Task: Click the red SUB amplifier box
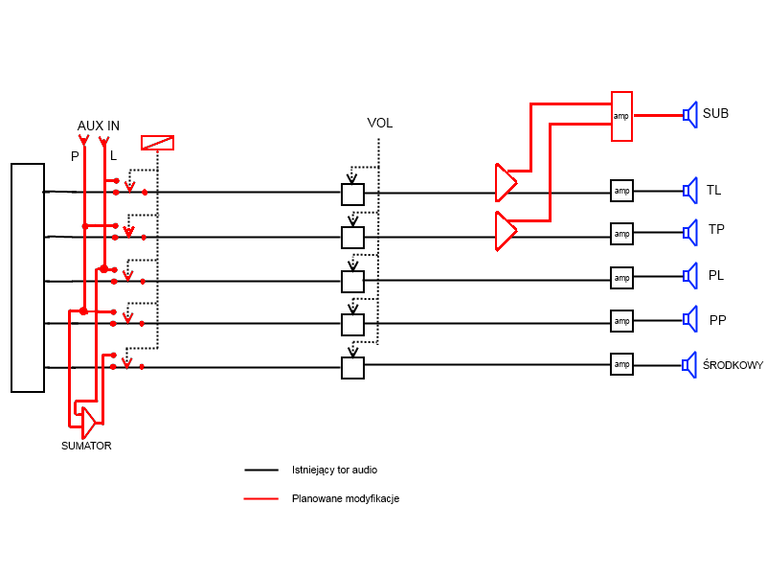coord(621,116)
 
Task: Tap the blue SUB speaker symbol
coord(688,114)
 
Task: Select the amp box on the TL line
coord(621,191)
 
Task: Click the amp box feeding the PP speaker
coord(621,321)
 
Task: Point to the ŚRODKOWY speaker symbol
coord(688,364)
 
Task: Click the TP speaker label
coord(716,230)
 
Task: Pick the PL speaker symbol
coord(688,276)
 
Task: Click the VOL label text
coord(380,124)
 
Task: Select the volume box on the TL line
coord(352,194)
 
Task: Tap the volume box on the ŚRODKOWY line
coord(352,367)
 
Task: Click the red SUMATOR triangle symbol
coord(87,422)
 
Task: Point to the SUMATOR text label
coord(86,446)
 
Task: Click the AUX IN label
coord(99,126)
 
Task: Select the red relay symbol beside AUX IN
coord(157,143)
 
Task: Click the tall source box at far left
coord(28,278)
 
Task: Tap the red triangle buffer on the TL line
coord(505,182)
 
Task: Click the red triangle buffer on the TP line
coord(505,231)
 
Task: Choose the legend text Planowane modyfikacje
coord(346,499)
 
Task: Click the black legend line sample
coord(260,471)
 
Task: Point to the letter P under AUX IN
coord(75,156)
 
